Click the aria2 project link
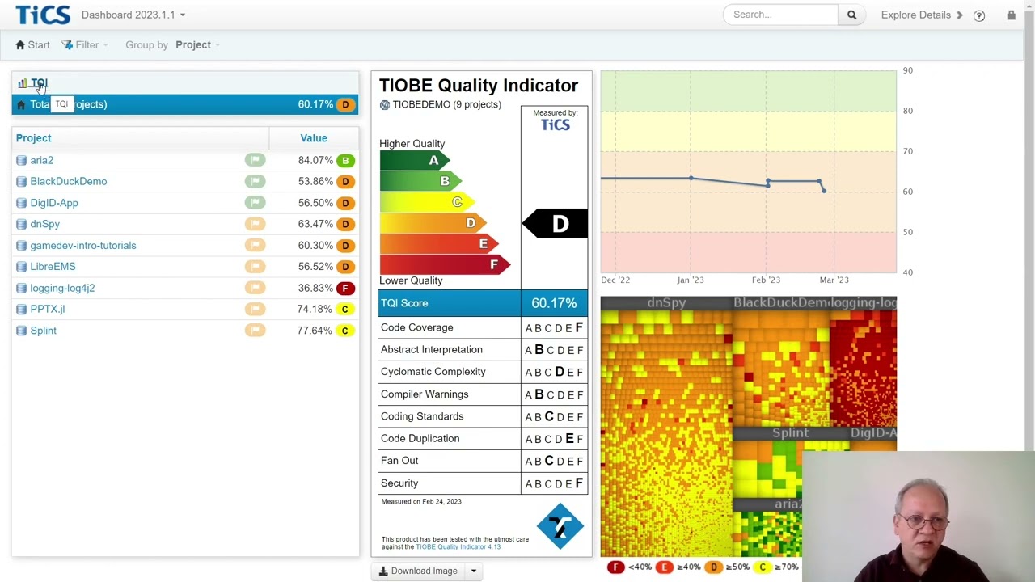click(41, 160)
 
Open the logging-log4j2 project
click(62, 288)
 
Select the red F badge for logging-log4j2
click(345, 288)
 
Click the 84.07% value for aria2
click(315, 160)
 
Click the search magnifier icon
click(851, 15)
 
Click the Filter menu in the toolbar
click(85, 45)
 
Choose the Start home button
click(33, 45)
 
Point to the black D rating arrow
click(556, 224)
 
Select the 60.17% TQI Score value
click(554, 303)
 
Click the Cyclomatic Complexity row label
click(433, 372)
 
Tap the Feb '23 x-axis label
click(766, 280)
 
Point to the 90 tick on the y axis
click(907, 71)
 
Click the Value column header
click(313, 138)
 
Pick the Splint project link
click(43, 331)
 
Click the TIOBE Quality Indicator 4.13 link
click(458, 547)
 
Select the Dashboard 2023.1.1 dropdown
click(133, 15)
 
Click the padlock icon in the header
click(1011, 15)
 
